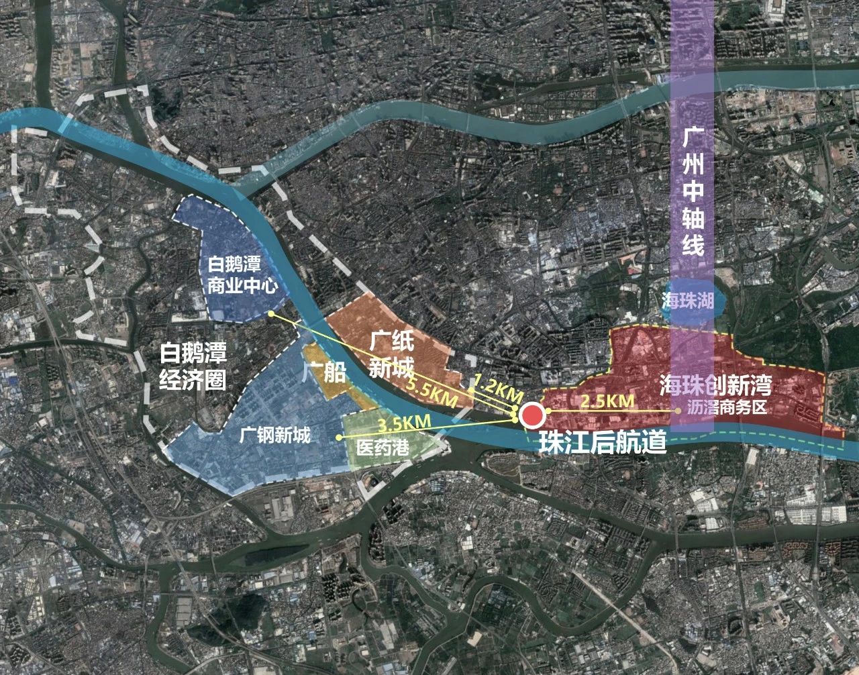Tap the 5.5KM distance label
click(x=432, y=391)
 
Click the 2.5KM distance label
click(x=607, y=401)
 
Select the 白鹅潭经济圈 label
click(x=193, y=366)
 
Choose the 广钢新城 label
click(x=275, y=435)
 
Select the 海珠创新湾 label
click(x=715, y=384)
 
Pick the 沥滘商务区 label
click(x=727, y=407)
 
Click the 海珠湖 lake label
click(x=687, y=300)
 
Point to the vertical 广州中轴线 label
click(x=693, y=193)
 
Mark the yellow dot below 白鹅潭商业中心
click(x=270, y=313)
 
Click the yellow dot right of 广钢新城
click(x=338, y=437)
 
